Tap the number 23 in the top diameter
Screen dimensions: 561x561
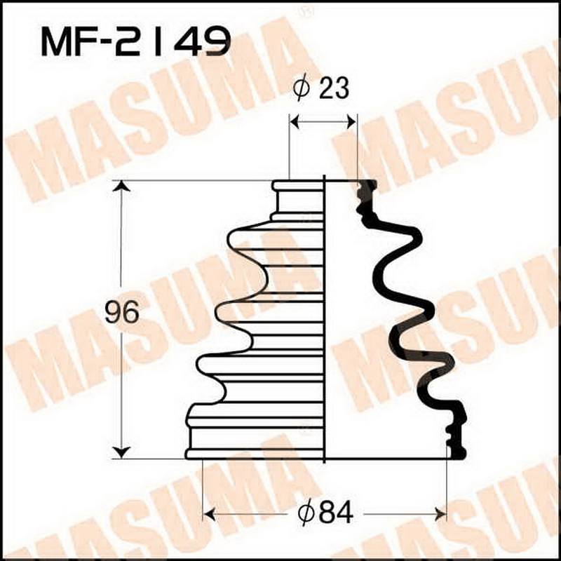point(333,89)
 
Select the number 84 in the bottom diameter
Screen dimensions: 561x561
point(333,515)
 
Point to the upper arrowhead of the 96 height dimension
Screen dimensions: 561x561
point(122,187)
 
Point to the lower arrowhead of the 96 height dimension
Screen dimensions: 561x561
point(122,452)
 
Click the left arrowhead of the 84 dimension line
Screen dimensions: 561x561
point(208,515)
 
